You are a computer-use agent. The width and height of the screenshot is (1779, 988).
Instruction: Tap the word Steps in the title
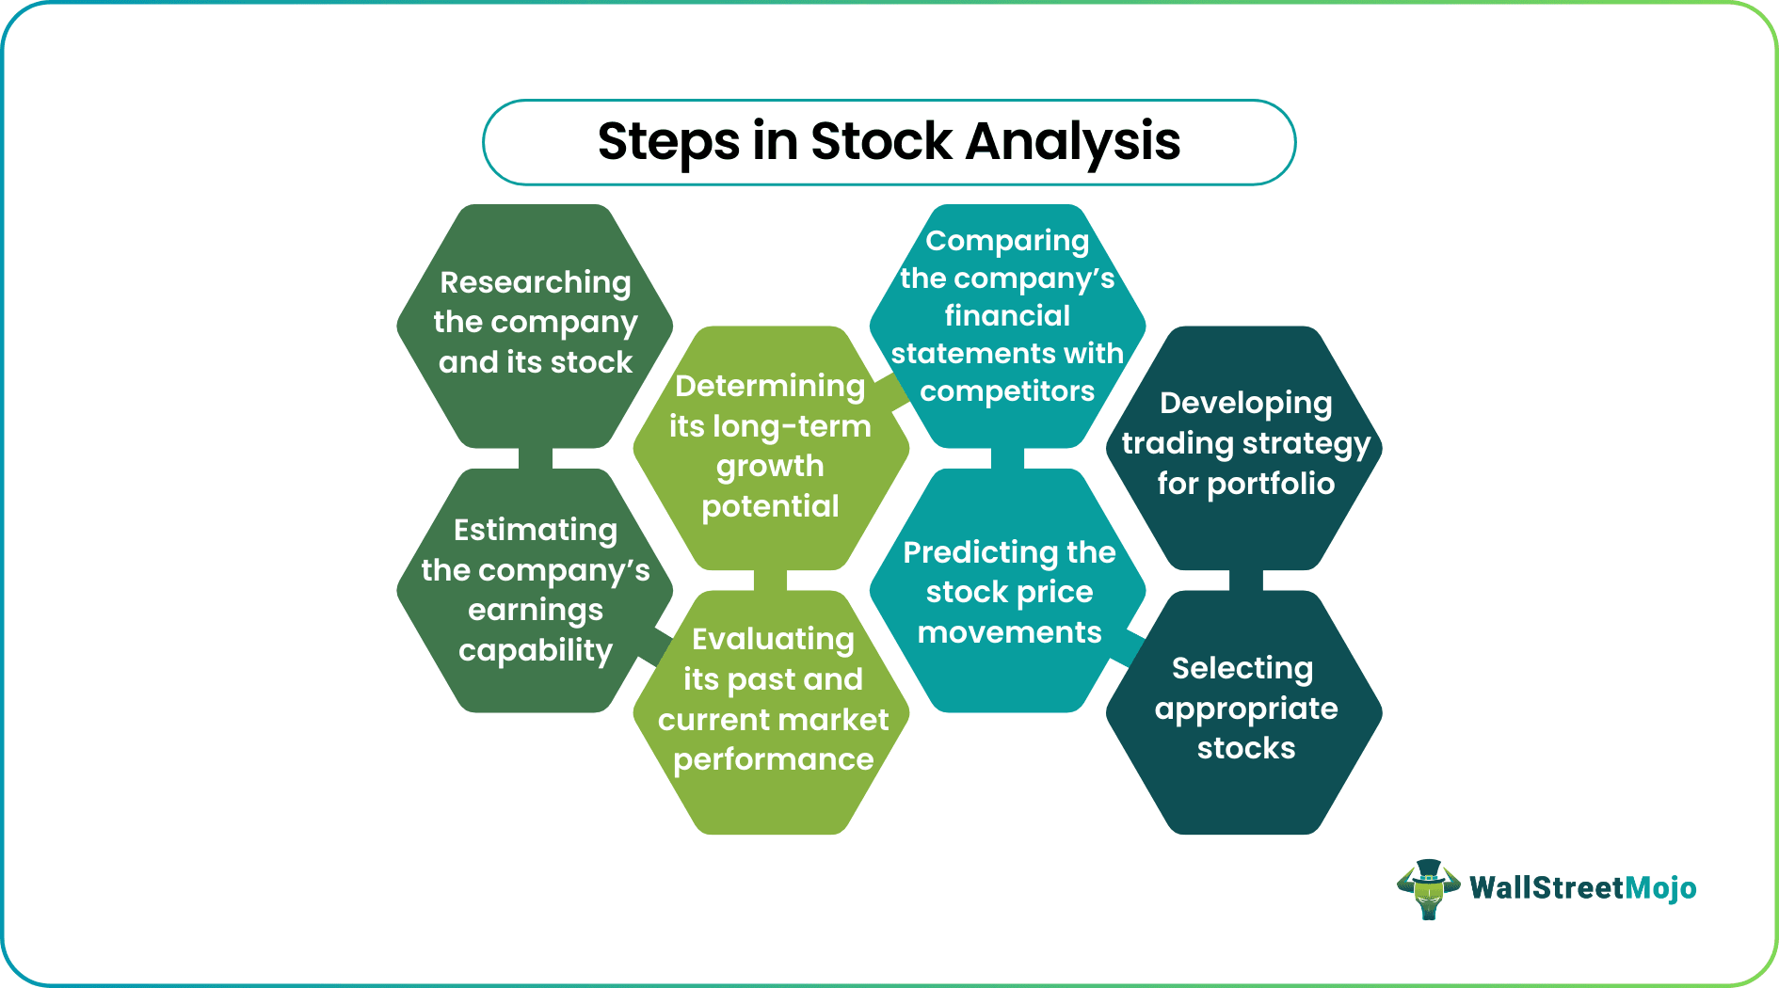point(668,142)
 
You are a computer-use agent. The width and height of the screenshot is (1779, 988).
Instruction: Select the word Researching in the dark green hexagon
point(535,282)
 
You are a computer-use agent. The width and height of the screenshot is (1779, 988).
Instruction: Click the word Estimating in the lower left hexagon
point(535,530)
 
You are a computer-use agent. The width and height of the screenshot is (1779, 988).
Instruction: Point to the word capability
point(535,650)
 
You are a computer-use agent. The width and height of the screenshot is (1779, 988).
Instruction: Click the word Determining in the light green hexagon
point(770,386)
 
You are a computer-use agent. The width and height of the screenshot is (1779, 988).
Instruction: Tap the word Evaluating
point(773,639)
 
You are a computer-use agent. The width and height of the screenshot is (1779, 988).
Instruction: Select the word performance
point(773,759)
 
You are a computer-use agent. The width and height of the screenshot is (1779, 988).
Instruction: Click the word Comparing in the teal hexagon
point(1007,241)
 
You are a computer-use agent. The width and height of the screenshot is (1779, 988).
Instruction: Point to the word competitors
point(1007,390)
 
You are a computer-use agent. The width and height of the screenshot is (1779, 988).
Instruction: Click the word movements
point(1009,632)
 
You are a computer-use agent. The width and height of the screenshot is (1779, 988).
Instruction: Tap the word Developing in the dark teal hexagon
point(1245,403)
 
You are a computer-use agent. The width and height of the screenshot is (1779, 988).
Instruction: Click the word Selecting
point(1242,668)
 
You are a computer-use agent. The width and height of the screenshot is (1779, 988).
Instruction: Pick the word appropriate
point(1245,709)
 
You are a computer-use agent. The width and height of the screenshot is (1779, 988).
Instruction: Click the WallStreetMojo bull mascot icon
point(1428,888)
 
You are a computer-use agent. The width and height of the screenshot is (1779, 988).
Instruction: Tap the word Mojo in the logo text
point(1660,888)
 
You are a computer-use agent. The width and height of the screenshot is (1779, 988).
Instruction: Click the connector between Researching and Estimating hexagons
point(535,458)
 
